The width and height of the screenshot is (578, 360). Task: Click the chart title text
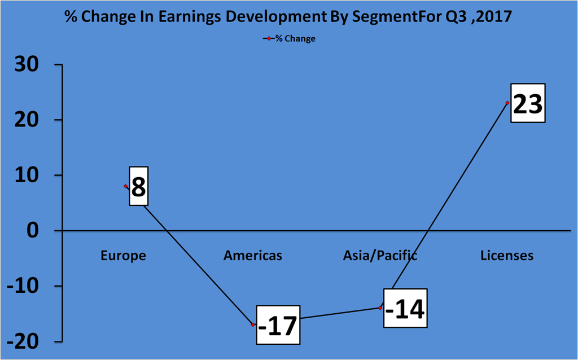[288, 16]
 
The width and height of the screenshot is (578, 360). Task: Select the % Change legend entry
[289, 38]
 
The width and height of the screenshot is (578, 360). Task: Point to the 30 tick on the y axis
[27, 65]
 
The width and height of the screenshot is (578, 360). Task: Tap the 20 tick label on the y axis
[27, 120]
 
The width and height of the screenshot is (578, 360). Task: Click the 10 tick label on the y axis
[27, 175]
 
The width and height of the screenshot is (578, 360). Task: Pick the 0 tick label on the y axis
[33, 231]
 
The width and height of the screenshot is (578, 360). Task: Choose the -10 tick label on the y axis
[23, 286]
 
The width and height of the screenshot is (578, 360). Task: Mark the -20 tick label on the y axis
[23, 342]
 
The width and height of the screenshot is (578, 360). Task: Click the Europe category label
[123, 256]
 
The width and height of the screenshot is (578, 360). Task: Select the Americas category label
[253, 256]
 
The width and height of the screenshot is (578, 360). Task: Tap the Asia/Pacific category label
[380, 256]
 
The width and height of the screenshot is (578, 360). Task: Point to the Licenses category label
[507, 256]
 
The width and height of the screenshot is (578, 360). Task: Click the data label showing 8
[139, 186]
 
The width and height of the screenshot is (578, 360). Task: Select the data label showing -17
[278, 325]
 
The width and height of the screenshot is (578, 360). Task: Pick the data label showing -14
[405, 308]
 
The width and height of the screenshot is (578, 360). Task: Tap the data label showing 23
[528, 103]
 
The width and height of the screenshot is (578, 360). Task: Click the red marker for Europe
[126, 186]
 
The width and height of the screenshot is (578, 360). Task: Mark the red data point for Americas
[253, 324]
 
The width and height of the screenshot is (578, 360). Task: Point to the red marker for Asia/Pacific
[380, 308]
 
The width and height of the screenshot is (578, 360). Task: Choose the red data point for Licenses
[507, 103]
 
